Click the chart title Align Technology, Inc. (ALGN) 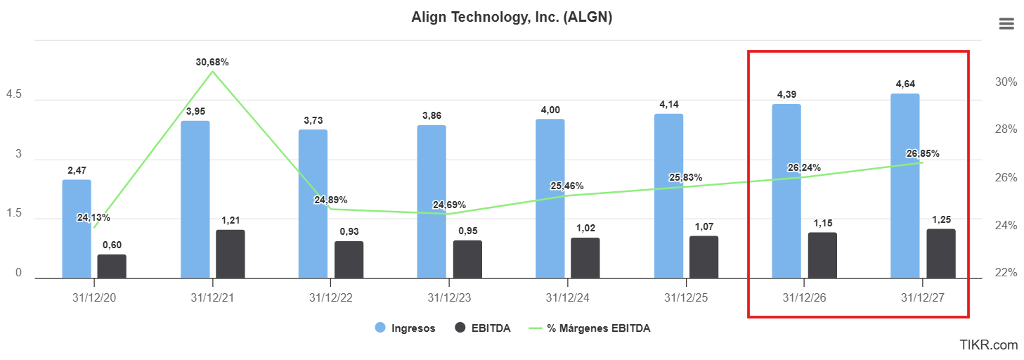(x=512, y=18)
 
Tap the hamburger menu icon (x=1006, y=24)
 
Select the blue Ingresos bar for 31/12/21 (x=195, y=200)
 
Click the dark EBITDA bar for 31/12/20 (x=112, y=266)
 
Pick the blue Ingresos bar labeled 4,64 (x=905, y=186)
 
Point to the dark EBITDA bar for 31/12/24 (x=585, y=258)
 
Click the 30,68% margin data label (x=212, y=62)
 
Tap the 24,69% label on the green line (x=449, y=205)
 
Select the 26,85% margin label (x=923, y=154)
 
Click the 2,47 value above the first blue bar (x=77, y=170)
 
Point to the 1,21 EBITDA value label (x=231, y=220)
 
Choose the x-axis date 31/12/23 (x=449, y=297)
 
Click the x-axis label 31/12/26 (x=804, y=297)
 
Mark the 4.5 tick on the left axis (x=13, y=94)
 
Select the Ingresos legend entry (x=405, y=328)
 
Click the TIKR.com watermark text (x=988, y=345)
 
